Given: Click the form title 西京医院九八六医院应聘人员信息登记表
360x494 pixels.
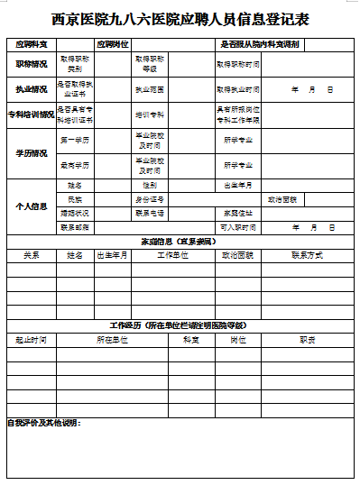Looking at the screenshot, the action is point(180,17).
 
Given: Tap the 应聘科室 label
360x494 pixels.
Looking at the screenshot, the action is point(31,44).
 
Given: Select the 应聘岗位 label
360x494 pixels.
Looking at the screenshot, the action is point(112,44).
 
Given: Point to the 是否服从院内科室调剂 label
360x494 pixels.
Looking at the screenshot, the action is point(260,44).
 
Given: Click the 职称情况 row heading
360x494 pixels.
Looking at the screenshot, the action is point(32,64).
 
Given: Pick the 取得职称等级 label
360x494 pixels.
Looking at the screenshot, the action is point(150,64).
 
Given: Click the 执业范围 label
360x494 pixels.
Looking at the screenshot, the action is point(150,90).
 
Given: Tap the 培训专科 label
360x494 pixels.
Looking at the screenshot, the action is point(150,115).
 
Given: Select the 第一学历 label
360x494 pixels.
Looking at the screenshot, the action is point(75,141).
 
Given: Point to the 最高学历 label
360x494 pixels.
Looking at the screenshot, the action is point(75,166).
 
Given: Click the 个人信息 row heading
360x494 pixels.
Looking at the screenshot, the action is point(32,206).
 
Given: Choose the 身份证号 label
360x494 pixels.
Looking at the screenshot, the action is point(150,199).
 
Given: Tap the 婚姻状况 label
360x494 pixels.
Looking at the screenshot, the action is point(75,214).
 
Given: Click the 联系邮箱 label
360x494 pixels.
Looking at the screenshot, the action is point(75,228).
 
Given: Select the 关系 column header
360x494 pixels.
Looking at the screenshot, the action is point(31,256).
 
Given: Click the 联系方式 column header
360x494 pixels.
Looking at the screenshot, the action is point(307,256).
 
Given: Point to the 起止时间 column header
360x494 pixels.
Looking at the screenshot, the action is point(31,340).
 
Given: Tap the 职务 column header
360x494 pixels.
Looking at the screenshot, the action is point(307,340).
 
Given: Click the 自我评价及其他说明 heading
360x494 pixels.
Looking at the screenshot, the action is point(43,423).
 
